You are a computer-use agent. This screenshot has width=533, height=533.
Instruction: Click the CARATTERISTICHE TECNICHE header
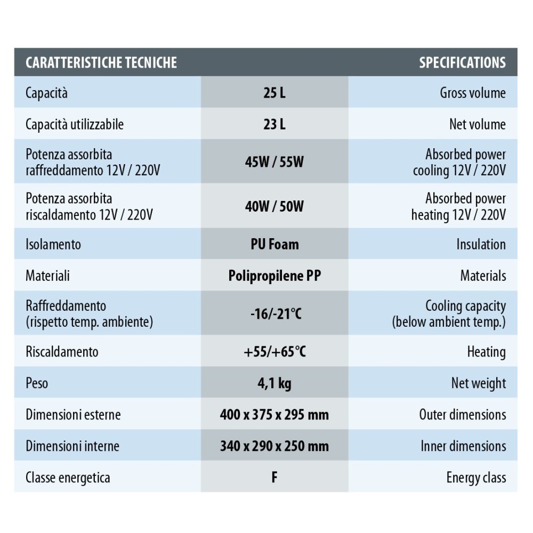click(x=101, y=62)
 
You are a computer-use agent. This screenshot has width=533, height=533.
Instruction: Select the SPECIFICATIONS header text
click(x=462, y=62)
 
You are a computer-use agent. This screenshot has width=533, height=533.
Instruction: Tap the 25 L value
click(x=274, y=93)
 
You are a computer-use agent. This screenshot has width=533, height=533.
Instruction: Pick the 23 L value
click(x=274, y=124)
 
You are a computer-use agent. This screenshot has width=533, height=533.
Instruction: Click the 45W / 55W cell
click(x=274, y=162)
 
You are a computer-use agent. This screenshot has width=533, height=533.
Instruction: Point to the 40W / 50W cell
click(x=274, y=206)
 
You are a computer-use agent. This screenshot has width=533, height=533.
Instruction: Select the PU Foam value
click(x=274, y=244)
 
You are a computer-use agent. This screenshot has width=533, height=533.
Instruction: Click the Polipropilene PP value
click(x=274, y=276)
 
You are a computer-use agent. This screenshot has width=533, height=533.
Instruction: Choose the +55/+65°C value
click(x=274, y=352)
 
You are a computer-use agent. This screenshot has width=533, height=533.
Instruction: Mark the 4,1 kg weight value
click(x=274, y=383)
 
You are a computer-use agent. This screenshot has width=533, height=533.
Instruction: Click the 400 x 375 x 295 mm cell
click(x=274, y=414)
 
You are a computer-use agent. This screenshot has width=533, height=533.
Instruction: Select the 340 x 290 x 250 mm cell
click(x=274, y=446)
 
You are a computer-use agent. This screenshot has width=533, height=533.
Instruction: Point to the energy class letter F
click(x=274, y=477)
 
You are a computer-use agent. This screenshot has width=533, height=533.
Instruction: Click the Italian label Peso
click(x=37, y=383)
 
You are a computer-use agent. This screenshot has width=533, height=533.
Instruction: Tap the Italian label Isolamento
click(x=53, y=245)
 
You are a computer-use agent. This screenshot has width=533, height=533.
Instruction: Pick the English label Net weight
click(x=478, y=383)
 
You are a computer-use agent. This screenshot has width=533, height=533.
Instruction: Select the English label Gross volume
click(x=473, y=93)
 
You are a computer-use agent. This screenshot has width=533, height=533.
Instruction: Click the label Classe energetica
click(x=68, y=477)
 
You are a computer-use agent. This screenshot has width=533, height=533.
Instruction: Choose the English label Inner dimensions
click(x=463, y=446)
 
